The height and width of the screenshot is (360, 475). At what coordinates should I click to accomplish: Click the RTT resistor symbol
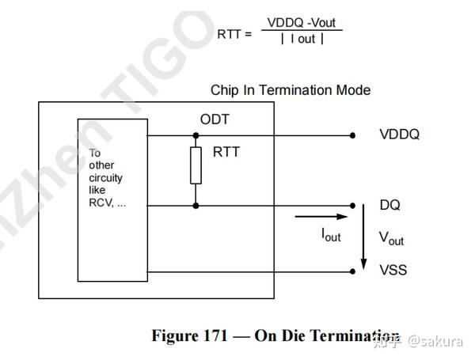(x=196, y=165)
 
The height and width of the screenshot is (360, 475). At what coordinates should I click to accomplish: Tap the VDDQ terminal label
(x=399, y=135)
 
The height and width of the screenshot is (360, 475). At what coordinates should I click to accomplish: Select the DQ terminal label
(x=389, y=206)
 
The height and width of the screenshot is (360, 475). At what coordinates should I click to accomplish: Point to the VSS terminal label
(x=393, y=271)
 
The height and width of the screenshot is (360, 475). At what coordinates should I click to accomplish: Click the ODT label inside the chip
(x=215, y=120)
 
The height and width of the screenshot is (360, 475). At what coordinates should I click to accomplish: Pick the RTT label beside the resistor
(x=226, y=153)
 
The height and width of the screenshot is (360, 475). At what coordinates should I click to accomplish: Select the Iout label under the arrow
(x=331, y=234)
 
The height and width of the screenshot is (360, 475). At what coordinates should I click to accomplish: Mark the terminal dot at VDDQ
(x=352, y=135)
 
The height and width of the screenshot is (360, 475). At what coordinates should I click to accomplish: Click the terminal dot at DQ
(x=352, y=206)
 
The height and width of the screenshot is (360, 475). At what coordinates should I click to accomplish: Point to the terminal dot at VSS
(x=352, y=271)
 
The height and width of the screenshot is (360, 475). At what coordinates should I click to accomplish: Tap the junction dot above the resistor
(x=196, y=135)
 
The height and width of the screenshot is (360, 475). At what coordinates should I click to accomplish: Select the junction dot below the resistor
(x=196, y=206)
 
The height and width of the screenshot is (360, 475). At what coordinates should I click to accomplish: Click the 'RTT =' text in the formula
(x=234, y=34)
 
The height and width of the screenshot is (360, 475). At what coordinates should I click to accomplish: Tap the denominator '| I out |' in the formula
(x=302, y=39)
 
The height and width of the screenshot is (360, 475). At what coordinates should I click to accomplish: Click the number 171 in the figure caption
(x=209, y=335)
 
